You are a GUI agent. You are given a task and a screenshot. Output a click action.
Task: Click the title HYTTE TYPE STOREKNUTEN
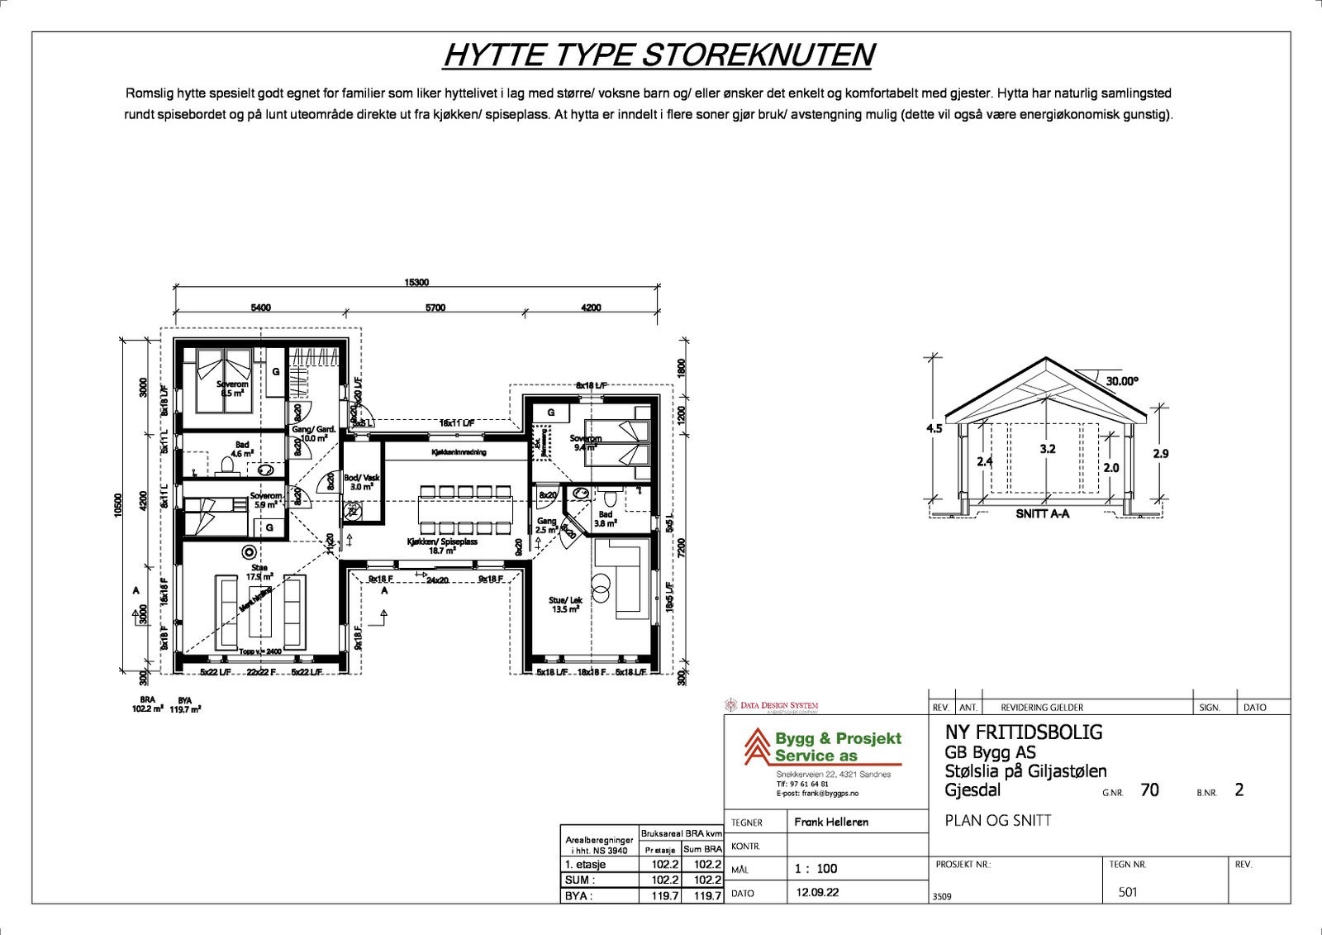[659, 55]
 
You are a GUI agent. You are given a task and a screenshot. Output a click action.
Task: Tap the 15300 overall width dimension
[416, 283]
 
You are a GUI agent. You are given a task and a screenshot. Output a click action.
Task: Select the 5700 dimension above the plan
[435, 308]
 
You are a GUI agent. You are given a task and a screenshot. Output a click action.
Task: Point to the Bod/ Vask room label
[361, 482]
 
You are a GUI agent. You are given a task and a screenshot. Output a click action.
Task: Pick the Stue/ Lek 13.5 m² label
[564, 604]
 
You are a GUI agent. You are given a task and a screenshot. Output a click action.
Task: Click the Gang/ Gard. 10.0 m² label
[313, 433]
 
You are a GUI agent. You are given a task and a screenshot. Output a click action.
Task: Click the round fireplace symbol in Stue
[247, 551]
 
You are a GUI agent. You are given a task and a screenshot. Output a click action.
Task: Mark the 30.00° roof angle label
[1122, 381]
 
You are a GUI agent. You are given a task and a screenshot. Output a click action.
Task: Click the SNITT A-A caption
[1042, 513]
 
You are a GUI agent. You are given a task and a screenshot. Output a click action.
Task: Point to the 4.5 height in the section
[934, 428]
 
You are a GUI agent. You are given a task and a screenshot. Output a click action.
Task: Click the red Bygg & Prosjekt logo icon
[753, 747]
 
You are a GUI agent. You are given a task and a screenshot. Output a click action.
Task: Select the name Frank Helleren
[830, 822]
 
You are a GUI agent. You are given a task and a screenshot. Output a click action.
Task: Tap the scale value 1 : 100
[816, 868]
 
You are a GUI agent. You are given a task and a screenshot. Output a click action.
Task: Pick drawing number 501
[1127, 892]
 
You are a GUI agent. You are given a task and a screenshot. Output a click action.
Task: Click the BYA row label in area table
[578, 895]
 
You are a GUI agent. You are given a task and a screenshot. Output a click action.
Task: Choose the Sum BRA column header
[702, 849]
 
